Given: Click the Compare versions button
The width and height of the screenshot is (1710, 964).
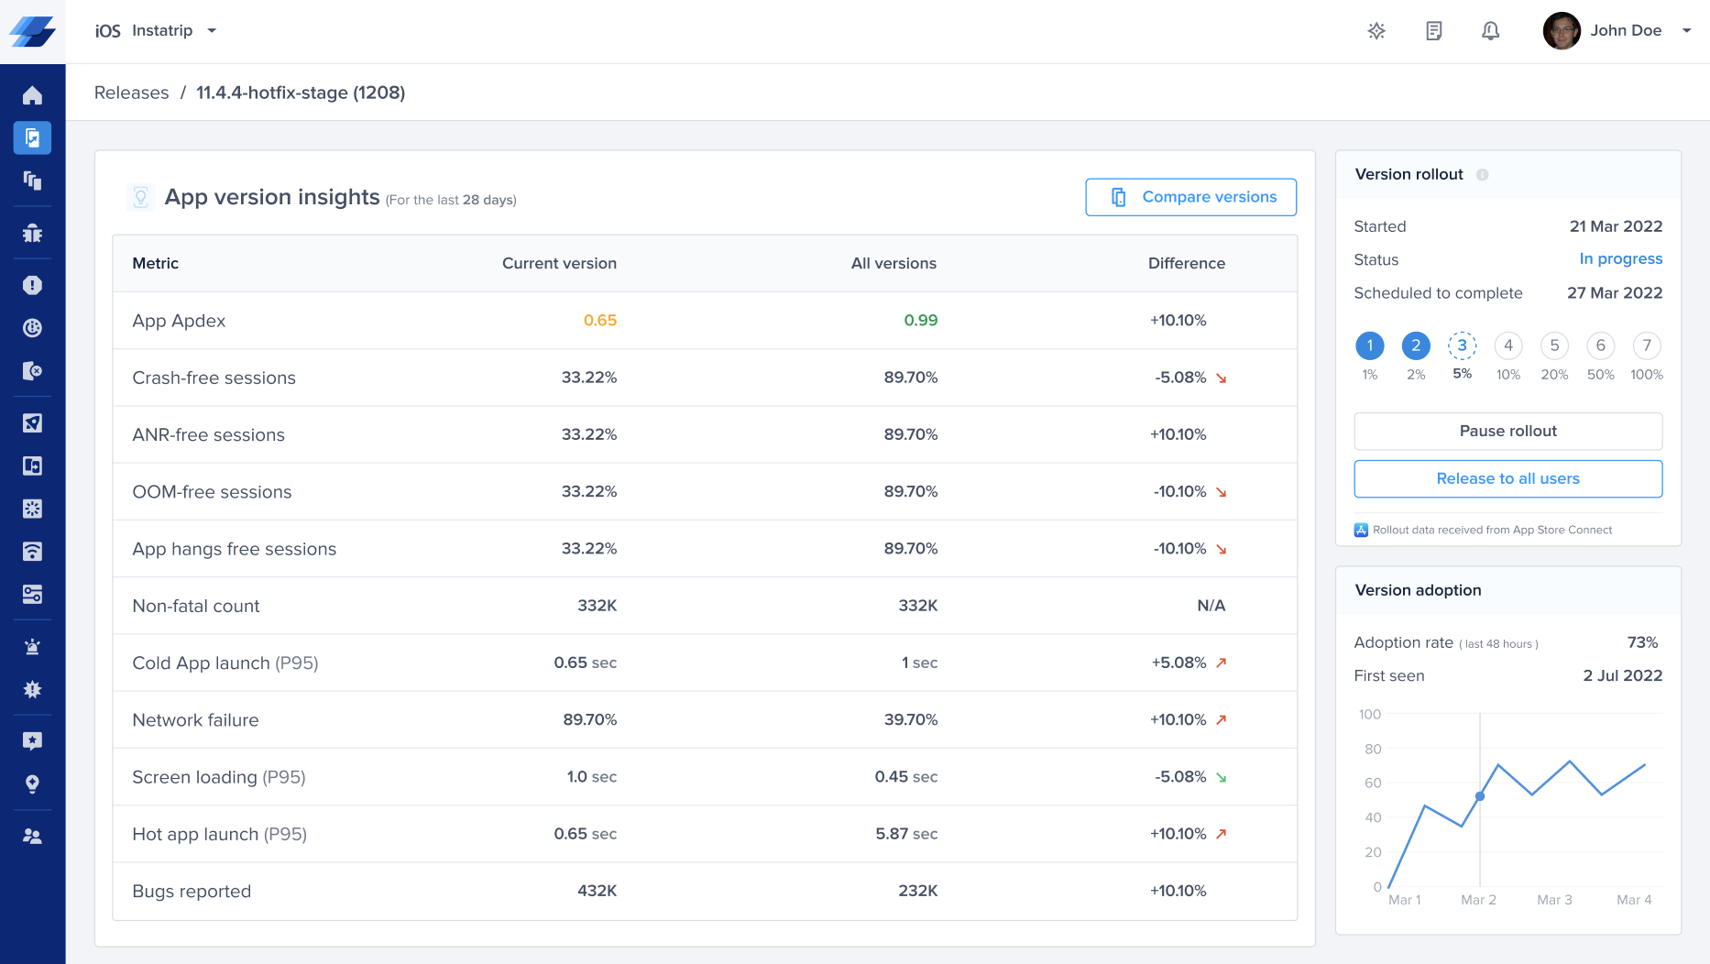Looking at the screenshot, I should (x=1190, y=197).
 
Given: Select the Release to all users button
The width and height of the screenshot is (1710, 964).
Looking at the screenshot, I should (x=1507, y=478).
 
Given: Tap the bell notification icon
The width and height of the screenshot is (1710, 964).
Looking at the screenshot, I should (x=1490, y=31).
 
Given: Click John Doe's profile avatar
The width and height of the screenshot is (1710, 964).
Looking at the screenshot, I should (x=1561, y=31).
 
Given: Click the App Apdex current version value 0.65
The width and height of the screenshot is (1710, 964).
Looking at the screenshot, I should (x=599, y=321).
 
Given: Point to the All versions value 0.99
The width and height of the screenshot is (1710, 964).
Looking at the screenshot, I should (x=920, y=321).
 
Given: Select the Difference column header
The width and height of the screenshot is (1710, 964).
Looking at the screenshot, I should (x=1186, y=264).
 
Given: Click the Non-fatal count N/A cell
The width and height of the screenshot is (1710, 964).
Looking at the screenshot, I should (x=1211, y=606).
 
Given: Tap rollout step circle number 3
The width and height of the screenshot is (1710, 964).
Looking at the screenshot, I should (x=1462, y=345).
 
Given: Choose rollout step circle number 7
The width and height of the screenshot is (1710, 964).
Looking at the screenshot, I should (x=1647, y=345).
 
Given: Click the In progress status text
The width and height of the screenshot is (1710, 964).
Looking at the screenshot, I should (x=1620, y=259).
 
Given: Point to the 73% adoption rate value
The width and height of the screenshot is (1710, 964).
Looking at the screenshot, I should (x=1642, y=642).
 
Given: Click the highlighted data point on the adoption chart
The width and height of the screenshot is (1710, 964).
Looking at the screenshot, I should (x=1480, y=796).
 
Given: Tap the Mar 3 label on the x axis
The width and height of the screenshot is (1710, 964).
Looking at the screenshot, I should (x=1554, y=900).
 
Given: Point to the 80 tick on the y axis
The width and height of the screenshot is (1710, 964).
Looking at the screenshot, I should (x=1372, y=749).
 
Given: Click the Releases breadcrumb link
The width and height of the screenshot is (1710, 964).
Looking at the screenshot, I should (x=131, y=93).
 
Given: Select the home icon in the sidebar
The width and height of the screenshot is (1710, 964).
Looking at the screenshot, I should (x=32, y=95).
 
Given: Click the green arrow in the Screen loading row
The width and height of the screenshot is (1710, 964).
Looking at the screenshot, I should (x=1221, y=778).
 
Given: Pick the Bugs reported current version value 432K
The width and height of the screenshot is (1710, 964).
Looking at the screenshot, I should (x=597, y=891).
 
